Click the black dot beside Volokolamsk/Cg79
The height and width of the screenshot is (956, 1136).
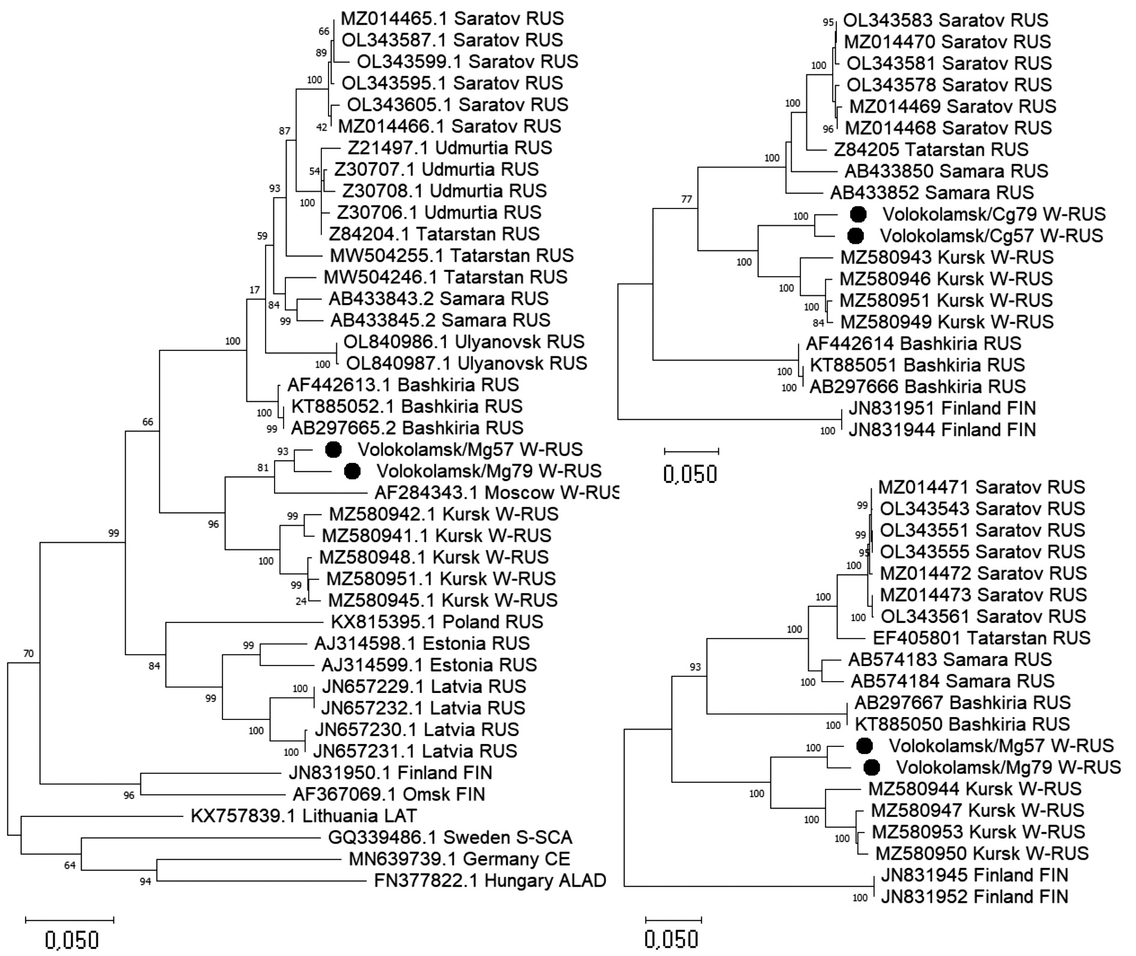tap(858, 214)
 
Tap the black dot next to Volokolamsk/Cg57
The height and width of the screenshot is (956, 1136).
tap(855, 235)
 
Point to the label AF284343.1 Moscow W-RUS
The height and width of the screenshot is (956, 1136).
tap(496, 493)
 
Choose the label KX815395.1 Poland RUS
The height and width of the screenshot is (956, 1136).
tap(437, 622)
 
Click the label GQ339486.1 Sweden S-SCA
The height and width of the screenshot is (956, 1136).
tap(450, 837)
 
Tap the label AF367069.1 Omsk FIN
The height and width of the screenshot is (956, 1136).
tap(388, 794)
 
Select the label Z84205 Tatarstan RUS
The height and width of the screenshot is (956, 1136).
tap(931, 149)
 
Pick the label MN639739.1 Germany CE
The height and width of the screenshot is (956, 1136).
tap(459, 859)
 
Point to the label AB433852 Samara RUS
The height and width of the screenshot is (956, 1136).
tap(932, 192)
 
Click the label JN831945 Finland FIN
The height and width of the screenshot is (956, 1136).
tap(974, 875)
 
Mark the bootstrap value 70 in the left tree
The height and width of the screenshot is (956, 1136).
tap(28, 654)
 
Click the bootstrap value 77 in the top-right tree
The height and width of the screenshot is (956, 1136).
tap(686, 199)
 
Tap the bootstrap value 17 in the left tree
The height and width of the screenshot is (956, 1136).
tap(255, 290)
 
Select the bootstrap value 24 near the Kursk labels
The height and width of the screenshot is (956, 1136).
tap(300, 601)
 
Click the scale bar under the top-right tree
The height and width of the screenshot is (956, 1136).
tap(691, 450)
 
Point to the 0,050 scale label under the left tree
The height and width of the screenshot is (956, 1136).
tap(73, 940)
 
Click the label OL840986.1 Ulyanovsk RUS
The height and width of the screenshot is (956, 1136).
tap(463, 342)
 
